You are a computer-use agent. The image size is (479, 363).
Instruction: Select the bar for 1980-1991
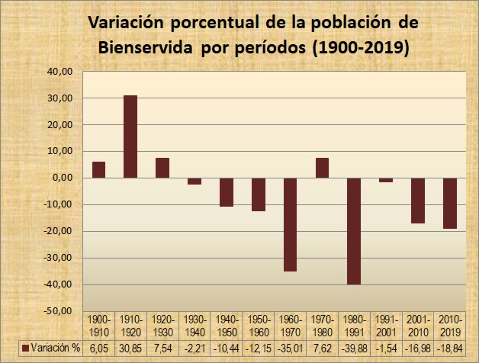(x=354, y=231)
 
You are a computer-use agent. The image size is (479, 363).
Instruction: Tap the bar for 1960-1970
(x=290, y=224)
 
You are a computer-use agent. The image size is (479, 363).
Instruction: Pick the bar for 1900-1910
(x=98, y=170)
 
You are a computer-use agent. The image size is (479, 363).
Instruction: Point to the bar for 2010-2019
(x=449, y=203)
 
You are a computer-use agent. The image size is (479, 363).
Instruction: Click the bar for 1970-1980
(x=322, y=168)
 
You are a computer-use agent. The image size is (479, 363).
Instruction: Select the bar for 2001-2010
(x=417, y=201)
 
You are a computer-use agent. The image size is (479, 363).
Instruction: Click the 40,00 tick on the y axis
(x=59, y=72)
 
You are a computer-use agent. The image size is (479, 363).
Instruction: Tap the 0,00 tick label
(x=63, y=178)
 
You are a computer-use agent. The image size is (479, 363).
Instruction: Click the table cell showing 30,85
(x=130, y=348)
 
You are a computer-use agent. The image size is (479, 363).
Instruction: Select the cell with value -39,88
(x=354, y=348)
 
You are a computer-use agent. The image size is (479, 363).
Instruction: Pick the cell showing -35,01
(x=290, y=348)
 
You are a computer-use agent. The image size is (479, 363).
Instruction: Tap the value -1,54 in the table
(x=386, y=348)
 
